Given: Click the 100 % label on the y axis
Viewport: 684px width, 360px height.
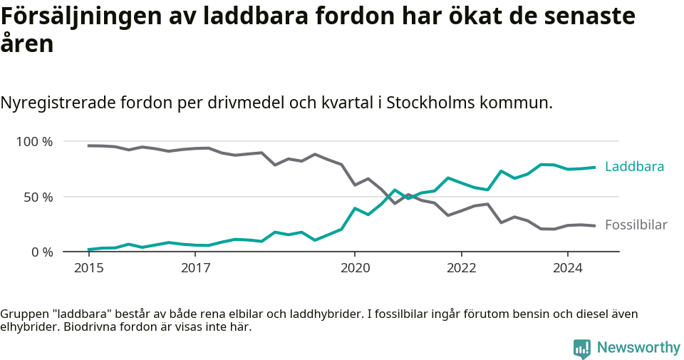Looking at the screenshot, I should coord(34,142).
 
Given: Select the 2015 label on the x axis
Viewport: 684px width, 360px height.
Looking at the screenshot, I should coord(89,268).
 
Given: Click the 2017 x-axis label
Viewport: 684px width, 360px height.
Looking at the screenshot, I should coord(195,268).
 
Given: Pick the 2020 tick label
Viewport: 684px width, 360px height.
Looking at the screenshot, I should coord(355,268).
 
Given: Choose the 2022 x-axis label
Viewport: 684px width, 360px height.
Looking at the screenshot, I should coord(461,268).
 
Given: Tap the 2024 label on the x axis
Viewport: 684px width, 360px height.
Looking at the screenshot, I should coord(568,268).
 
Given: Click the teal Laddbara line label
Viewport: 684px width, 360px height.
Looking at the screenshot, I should coord(634,167).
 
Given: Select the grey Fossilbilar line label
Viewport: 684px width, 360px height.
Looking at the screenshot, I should coord(636,225).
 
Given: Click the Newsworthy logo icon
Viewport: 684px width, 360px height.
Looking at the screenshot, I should coord(582,348).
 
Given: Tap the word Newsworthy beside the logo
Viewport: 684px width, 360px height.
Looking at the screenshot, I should coord(638,348).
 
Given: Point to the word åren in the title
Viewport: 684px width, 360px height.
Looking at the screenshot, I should coord(27,45).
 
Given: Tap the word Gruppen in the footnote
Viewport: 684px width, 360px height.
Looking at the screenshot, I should coord(22,314).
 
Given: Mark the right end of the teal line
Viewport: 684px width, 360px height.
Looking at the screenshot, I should coord(594,167).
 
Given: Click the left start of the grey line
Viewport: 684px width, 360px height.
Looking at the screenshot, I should coord(88,145).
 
